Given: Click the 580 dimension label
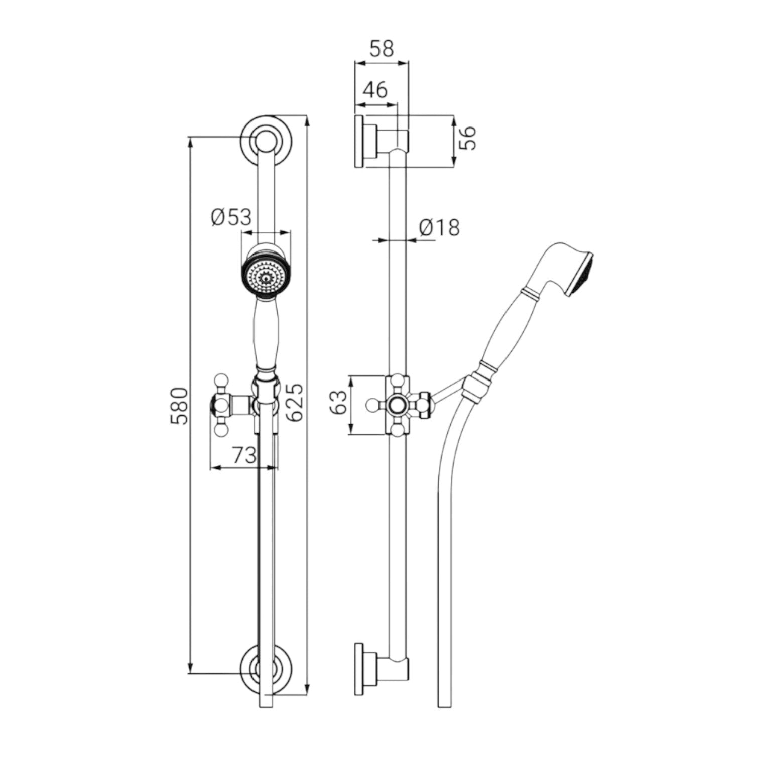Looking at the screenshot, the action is (180, 405).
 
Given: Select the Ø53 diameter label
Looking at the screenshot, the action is (231, 217).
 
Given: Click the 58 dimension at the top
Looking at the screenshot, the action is (382, 49).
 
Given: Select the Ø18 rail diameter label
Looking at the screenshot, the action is (439, 227).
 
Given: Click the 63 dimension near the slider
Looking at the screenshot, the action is (339, 403).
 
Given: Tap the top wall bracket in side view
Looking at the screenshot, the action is (381, 141).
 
